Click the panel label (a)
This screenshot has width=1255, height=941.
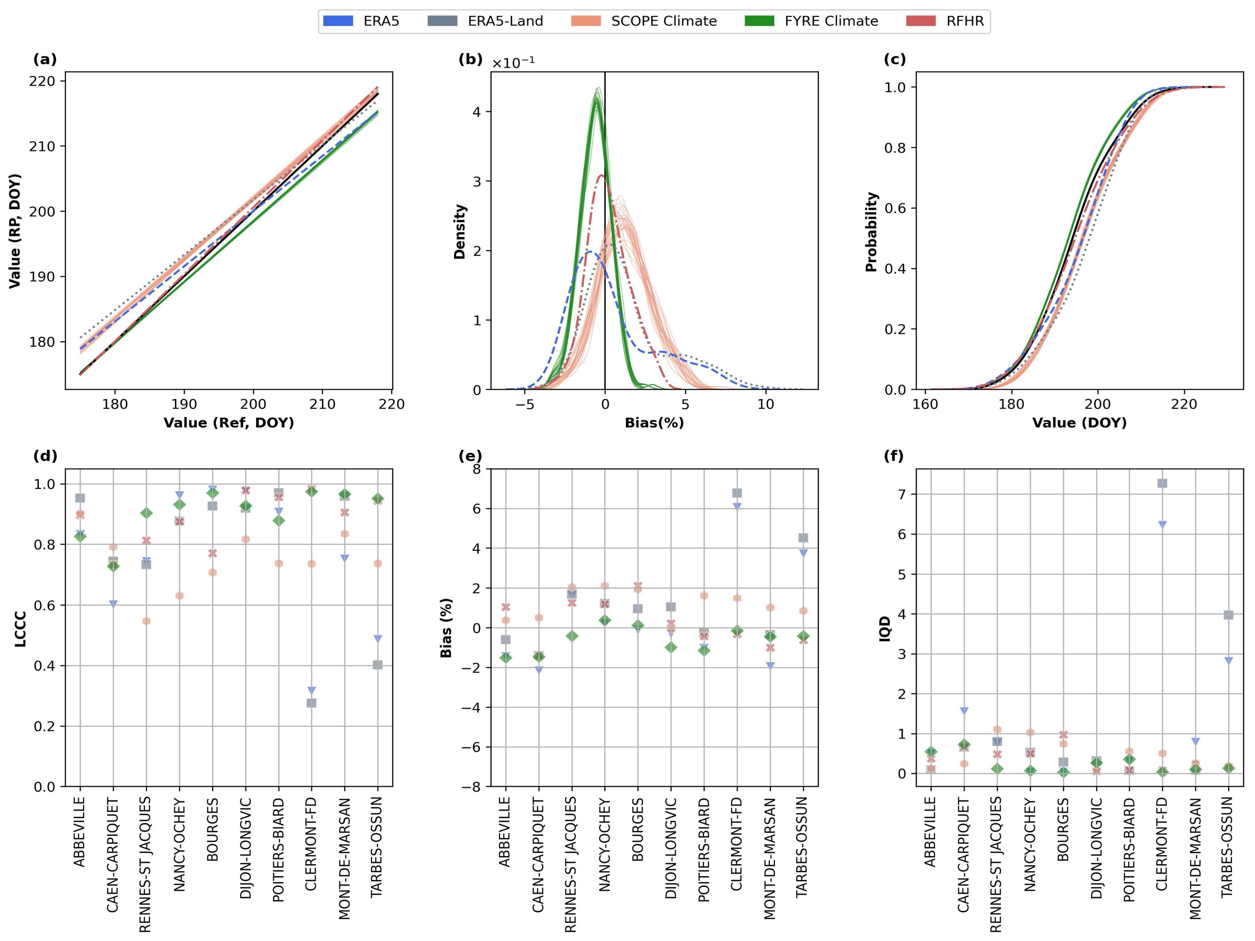(45, 60)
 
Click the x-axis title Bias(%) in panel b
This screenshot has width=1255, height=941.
(654, 422)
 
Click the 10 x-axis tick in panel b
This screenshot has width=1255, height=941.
(766, 404)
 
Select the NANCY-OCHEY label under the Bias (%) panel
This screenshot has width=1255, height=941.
(605, 845)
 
